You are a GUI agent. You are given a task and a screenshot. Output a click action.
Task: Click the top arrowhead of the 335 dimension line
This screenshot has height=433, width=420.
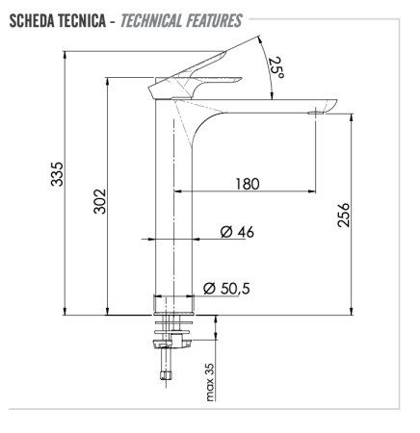click(64, 55)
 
